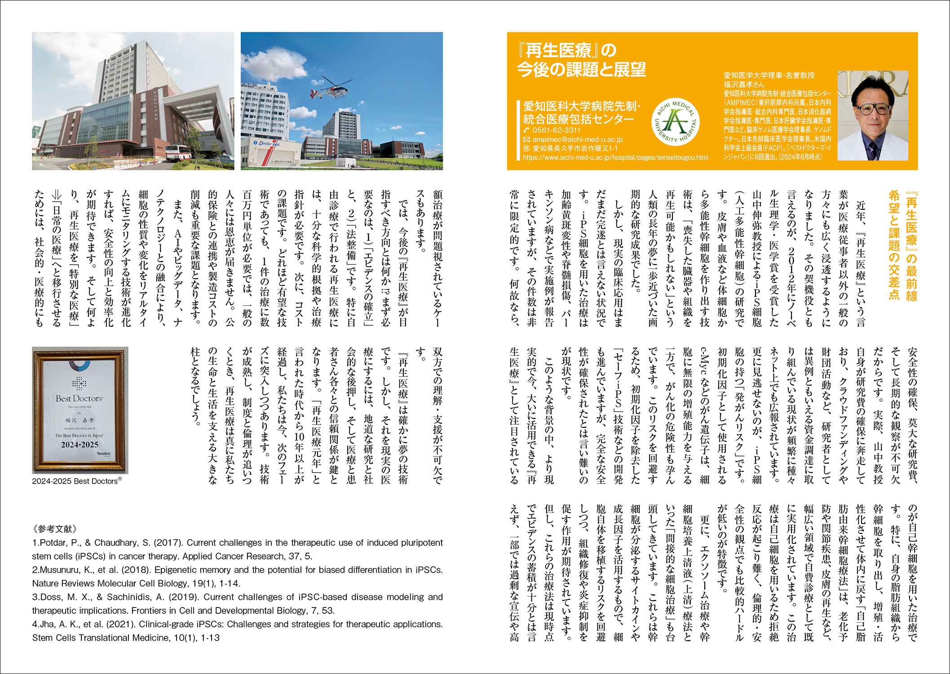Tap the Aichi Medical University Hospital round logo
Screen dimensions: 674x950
coord(675,121)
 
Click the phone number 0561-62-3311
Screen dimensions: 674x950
coord(556,130)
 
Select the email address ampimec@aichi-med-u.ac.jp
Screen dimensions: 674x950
coord(577,139)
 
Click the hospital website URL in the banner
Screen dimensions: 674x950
coord(615,158)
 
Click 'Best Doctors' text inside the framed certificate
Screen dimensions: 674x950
coord(79,399)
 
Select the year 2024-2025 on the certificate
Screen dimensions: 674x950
coord(80,445)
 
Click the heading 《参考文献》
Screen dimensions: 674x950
coord(55,529)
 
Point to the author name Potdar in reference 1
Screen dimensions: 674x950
coord(56,543)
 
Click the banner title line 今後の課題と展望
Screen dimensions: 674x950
coord(581,70)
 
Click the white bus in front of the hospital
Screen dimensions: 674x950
coord(179,153)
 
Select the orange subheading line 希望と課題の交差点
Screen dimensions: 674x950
coord(894,244)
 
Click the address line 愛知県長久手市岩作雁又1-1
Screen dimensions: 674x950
coord(574,148)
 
